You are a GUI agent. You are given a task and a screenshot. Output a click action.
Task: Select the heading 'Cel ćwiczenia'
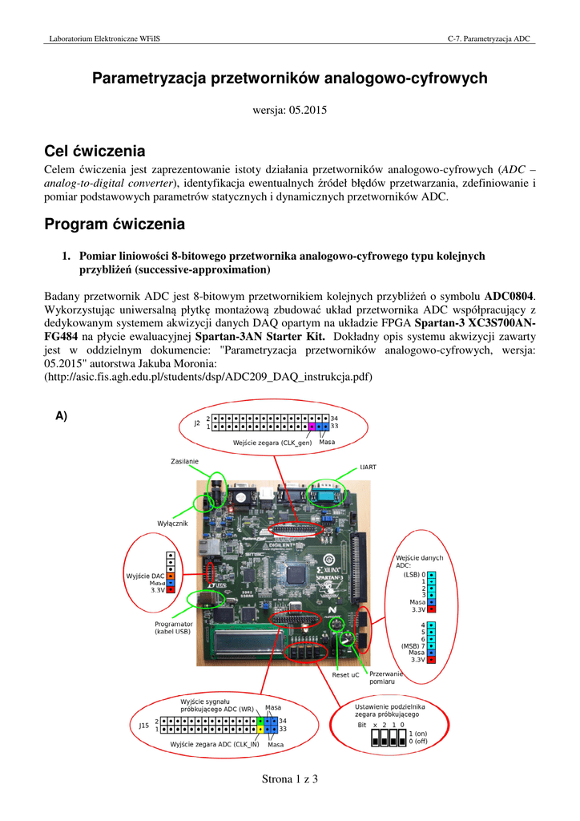pyautogui.click(x=94, y=152)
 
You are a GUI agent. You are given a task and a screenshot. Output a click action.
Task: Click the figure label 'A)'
pyautogui.click(x=62, y=415)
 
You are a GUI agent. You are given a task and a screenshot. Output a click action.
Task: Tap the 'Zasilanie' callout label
pyautogui.click(x=184, y=461)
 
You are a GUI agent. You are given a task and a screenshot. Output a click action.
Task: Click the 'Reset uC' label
pyautogui.click(x=345, y=674)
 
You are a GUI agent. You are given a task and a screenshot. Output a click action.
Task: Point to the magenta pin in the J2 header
pyautogui.click(x=312, y=427)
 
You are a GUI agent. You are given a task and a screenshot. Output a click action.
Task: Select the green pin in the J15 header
pyautogui.click(x=260, y=722)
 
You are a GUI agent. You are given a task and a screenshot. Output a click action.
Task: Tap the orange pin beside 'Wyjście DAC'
pyautogui.click(x=170, y=576)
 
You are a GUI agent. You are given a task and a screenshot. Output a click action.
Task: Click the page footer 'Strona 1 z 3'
pyautogui.click(x=290, y=779)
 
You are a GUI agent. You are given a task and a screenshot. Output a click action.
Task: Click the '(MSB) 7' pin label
pyautogui.click(x=414, y=645)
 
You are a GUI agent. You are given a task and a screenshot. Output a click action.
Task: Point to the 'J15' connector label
pyautogui.click(x=143, y=726)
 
